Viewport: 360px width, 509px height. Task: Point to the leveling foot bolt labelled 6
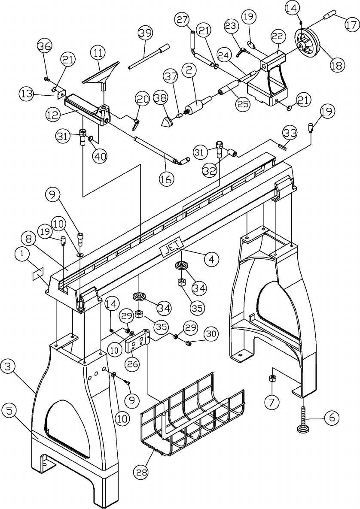tap(303, 418)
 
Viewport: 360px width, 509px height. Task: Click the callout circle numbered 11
tap(98, 53)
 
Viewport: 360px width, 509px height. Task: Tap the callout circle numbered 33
tap(290, 133)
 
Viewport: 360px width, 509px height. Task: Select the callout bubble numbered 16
tap(167, 179)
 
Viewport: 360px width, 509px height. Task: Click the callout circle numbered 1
tap(22, 254)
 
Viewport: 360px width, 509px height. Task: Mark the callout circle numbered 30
tap(211, 334)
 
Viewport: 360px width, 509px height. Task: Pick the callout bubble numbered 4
tap(211, 259)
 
